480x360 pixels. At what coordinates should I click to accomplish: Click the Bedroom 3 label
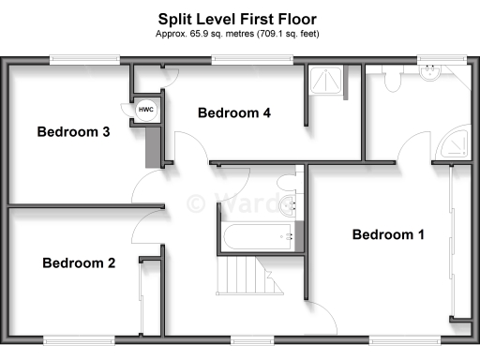click(74, 132)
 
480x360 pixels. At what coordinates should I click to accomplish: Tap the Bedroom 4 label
click(234, 113)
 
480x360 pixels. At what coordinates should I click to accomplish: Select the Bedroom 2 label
click(79, 262)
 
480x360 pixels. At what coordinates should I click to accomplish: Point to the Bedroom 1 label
click(388, 234)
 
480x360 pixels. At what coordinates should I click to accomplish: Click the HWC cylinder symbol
click(146, 111)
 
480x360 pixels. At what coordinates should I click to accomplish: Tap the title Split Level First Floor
click(237, 19)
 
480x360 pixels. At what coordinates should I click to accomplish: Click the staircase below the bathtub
click(237, 277)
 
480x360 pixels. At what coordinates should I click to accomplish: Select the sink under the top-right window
click(432, 75)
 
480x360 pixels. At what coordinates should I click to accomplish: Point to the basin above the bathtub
click(294, 200)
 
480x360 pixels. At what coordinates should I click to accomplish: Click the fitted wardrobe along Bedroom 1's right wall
click(457, 244)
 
